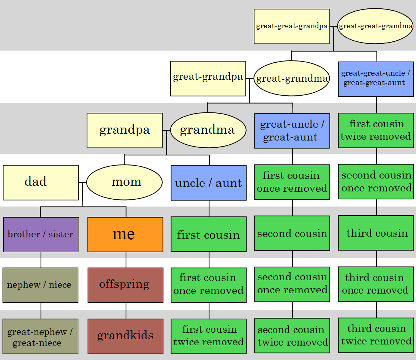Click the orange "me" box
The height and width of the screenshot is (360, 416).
(x=125, y=234)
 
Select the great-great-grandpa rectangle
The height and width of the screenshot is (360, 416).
(x=291, y=26)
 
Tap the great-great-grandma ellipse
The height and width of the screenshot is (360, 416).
(x=375, y=26)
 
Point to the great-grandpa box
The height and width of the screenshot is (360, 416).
(x=208, y=78)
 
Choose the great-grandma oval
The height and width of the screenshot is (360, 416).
(x=291, y=79)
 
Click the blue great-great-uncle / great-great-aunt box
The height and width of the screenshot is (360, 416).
(x=376, y=79)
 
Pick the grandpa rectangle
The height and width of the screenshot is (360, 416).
(x=124, y=130)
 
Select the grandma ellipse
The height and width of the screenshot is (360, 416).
(x=208, y=130)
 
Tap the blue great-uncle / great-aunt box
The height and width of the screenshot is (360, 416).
(x=292, y=131)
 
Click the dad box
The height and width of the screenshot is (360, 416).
(x=41, y=182)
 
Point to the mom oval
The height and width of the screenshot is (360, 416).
(x=124, y=182)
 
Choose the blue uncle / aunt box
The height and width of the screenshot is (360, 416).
(x=209, y=183)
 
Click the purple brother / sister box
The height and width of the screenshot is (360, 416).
(x=41, y=234)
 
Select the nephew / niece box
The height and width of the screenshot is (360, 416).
(x=40, y=285)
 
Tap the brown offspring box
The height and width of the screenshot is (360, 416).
(x=125, y=285)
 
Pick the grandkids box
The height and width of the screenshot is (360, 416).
(x=125, y=336)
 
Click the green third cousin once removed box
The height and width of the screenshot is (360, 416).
(x=376, y=284)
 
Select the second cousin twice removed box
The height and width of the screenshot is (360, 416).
(x=292, y=335)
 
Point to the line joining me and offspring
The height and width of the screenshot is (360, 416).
(x=126, y=260)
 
